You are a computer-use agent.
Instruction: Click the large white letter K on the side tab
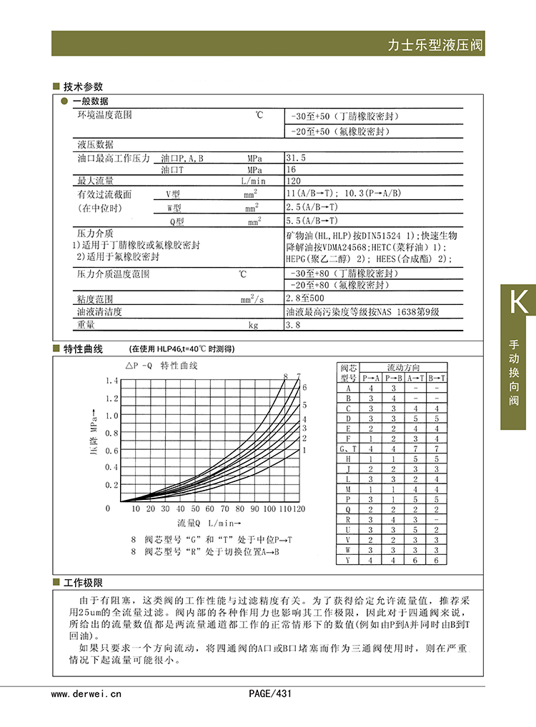(518, 303)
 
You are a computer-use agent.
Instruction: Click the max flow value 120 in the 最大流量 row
(293, 181)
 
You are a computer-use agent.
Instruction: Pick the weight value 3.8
(292, 325)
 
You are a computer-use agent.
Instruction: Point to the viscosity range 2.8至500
(304, 298)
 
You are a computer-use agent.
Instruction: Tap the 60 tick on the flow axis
(209, 509)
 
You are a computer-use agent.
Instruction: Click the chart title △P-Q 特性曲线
(162, 366)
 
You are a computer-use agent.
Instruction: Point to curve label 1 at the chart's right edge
(304, 451)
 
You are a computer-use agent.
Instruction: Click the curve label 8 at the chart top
(285, 376)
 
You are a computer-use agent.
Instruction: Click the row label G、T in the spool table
(347, 448)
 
